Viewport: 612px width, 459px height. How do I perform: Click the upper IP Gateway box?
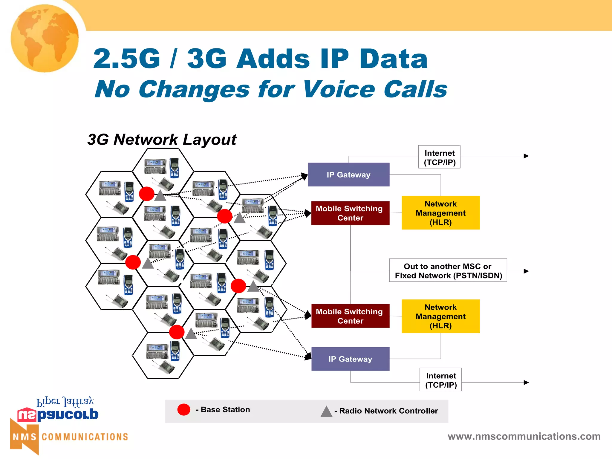coord(348,175)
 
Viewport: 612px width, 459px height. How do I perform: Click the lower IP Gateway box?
coord(350,359)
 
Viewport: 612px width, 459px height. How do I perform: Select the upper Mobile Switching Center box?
coord(350,213)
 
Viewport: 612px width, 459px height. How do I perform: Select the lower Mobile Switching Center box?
coord(350,316)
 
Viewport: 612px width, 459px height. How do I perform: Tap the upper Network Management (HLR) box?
coord(440,213)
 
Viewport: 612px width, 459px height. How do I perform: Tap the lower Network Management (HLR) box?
coord(440,316)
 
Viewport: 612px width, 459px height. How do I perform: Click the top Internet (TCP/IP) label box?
coord(439,157)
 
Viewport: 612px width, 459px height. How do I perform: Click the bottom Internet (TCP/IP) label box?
coord(440,380)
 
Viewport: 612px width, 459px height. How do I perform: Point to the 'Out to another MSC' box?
coord(448,270)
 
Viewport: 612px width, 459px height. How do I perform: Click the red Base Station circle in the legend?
coord(184,409)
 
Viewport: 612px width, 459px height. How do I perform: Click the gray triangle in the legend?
coord(326,412)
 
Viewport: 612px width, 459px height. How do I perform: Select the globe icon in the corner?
coord(45,38)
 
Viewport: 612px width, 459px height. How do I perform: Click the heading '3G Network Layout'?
coord(162,140)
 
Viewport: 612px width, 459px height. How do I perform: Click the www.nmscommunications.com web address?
coord(524,436)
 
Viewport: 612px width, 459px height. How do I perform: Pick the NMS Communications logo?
coord(69,437)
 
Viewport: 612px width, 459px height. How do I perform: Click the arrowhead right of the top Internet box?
coord(526,156)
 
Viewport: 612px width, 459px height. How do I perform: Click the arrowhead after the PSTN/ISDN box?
coord(526,271)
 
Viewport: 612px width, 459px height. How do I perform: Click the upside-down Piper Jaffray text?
coord(65,402)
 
